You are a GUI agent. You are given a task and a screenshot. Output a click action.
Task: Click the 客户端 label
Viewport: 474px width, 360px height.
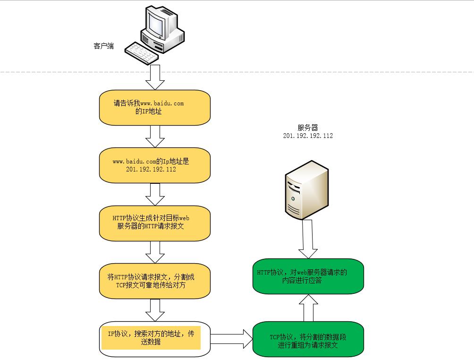click(103, 46)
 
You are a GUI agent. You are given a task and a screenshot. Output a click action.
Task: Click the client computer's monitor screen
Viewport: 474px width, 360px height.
click(156, 22)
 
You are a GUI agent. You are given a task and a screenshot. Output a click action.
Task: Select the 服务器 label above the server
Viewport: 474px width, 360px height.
click(308, 128)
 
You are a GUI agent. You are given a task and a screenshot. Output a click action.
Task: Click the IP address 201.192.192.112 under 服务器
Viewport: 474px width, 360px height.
click(308, 136)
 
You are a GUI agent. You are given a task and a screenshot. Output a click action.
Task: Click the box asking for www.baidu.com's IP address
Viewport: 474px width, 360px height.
click(154, 107)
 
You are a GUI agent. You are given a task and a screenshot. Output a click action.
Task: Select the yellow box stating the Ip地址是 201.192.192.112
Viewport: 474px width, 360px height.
click(154, 165)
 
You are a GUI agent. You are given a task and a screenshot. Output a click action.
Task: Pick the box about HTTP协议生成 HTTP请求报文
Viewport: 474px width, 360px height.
click(154, 223)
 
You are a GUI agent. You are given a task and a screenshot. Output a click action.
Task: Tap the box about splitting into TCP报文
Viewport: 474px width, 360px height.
click(154, 281)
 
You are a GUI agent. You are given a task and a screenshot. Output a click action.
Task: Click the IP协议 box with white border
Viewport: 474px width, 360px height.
click(154, 338)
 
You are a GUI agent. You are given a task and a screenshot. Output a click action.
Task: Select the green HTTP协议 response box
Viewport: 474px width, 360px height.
click(308, 276)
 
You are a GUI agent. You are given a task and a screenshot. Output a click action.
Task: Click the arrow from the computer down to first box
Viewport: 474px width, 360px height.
click(154, 77)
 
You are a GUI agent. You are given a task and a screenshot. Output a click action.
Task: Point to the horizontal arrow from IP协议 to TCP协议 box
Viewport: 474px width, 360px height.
click(231, 338)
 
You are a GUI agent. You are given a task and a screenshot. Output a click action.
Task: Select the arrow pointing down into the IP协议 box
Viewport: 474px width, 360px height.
click(154, 309)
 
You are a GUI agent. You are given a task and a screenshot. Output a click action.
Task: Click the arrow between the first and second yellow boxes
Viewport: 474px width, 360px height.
click(154, 136)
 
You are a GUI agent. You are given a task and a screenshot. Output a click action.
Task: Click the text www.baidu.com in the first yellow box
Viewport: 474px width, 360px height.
click(162, 103)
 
